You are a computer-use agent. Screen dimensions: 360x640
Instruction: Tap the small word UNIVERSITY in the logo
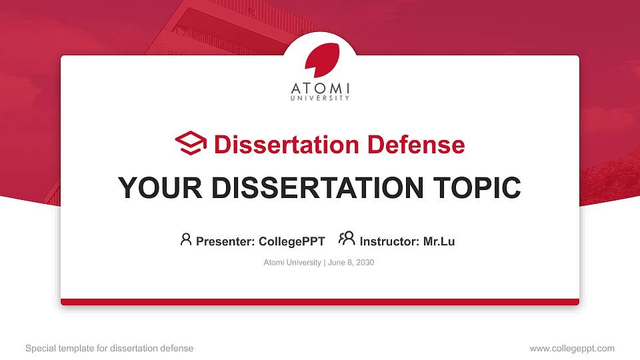pos(320,99)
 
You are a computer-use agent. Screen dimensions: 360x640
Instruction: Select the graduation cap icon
pos(191,144)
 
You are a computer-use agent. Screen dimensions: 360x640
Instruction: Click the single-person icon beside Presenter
pos(186,239)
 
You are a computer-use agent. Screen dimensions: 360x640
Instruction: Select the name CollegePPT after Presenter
pos(291,241)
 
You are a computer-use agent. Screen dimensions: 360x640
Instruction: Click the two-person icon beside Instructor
pos(347,239)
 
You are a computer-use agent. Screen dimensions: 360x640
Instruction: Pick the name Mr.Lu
pos(439,241)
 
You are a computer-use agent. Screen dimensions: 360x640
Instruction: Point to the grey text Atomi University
pos(293,263)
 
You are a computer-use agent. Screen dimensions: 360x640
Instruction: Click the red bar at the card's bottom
pos(320,302)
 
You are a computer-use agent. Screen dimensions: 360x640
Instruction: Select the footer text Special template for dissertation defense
pos(109,348)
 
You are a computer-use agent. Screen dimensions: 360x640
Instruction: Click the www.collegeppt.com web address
pos(572,348)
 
